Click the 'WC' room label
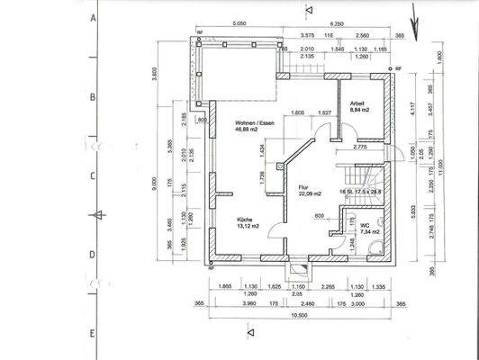(365, 225)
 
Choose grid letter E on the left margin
(94, 333)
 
